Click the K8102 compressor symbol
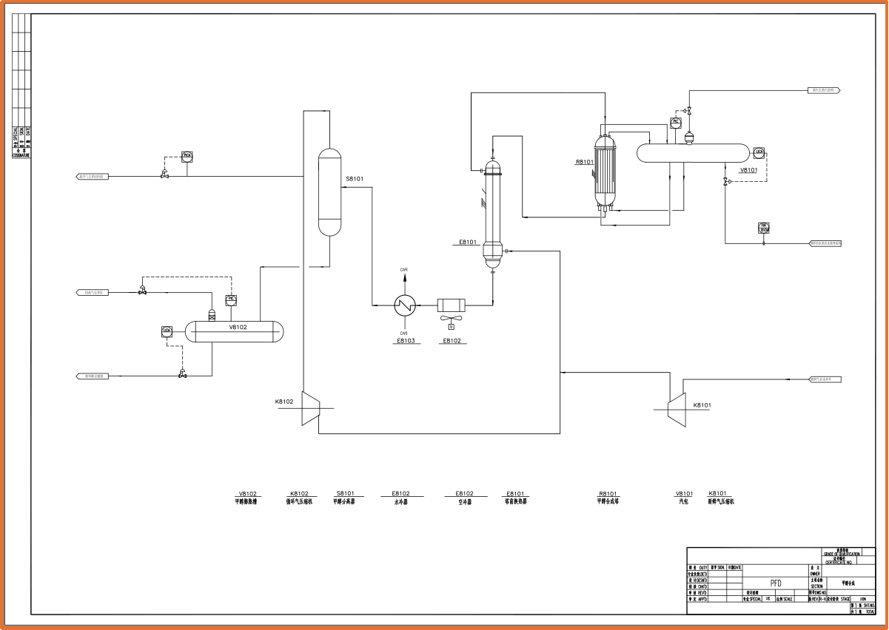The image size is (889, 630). coord(310,407)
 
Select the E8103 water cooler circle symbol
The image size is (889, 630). coord(405,304)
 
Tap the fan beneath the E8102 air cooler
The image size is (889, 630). coord(451,320)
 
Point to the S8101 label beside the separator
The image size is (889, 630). coord(355,179)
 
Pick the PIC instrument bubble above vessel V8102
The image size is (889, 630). coord(230,299)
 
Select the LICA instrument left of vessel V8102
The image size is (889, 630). coord(167,330)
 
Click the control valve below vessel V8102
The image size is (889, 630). coord(183,375)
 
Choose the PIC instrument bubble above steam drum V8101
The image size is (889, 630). coord(675,121)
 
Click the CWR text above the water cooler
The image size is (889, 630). coord(404,270)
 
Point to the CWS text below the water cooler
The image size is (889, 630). coord(404,333)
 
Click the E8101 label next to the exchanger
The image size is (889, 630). coord(469,242)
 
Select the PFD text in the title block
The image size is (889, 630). coord(776,583)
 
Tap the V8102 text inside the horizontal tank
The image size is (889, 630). coord(238,327)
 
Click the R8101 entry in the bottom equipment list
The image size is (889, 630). coord(607,493)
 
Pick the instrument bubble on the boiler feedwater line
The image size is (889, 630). coord(764,227)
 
